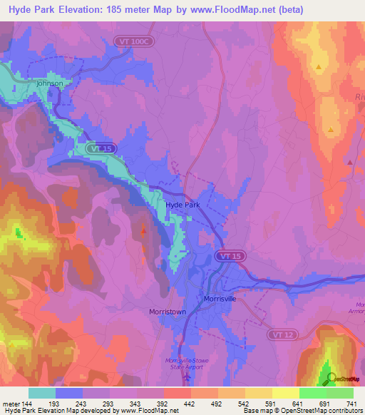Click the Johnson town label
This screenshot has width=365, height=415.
[x=50, y=83]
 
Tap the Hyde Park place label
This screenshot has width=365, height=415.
[x=182, y=205]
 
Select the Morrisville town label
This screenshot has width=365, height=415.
[x=220, y=299]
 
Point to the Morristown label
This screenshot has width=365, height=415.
[x=168, y=312]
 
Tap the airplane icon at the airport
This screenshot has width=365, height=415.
[x=187, y=378]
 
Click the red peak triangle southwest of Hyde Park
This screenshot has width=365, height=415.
[x=144, y=230]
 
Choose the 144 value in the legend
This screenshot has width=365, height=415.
[x=26, y=404]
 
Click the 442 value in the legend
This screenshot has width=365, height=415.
[x=189, y=404]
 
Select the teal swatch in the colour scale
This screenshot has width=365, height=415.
[x=42, y=393]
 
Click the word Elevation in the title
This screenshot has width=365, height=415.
[x=86, y=10]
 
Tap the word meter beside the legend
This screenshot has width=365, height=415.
[x=10, y=404]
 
